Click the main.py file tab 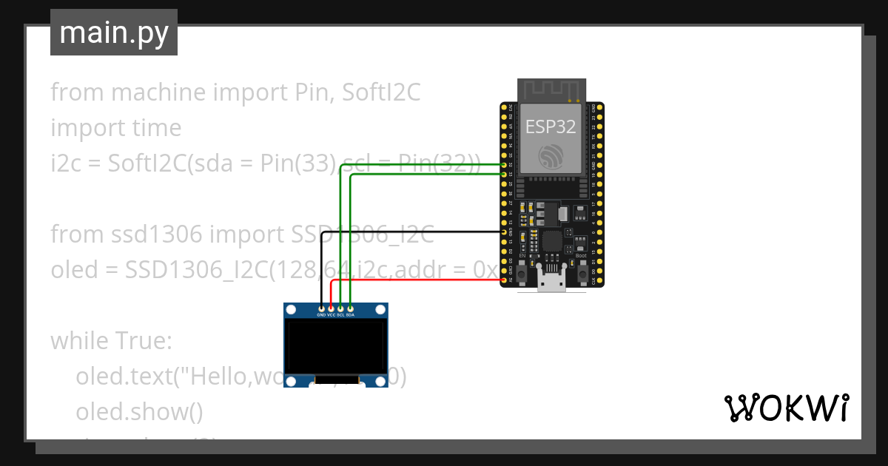click(113, 33)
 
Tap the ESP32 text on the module click(551, 126)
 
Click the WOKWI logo click(785, 408)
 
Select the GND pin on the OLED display click(321, 308)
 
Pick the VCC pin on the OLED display click(331, 308)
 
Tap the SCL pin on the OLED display click(340, 308)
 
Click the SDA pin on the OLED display click(350, 308)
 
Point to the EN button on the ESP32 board click(522, 274)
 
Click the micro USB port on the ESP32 click(551, 283)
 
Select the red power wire click(414, 280)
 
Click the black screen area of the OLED click(336, 345)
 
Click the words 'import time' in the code click(115, 128)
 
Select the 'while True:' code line click(111, 341)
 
